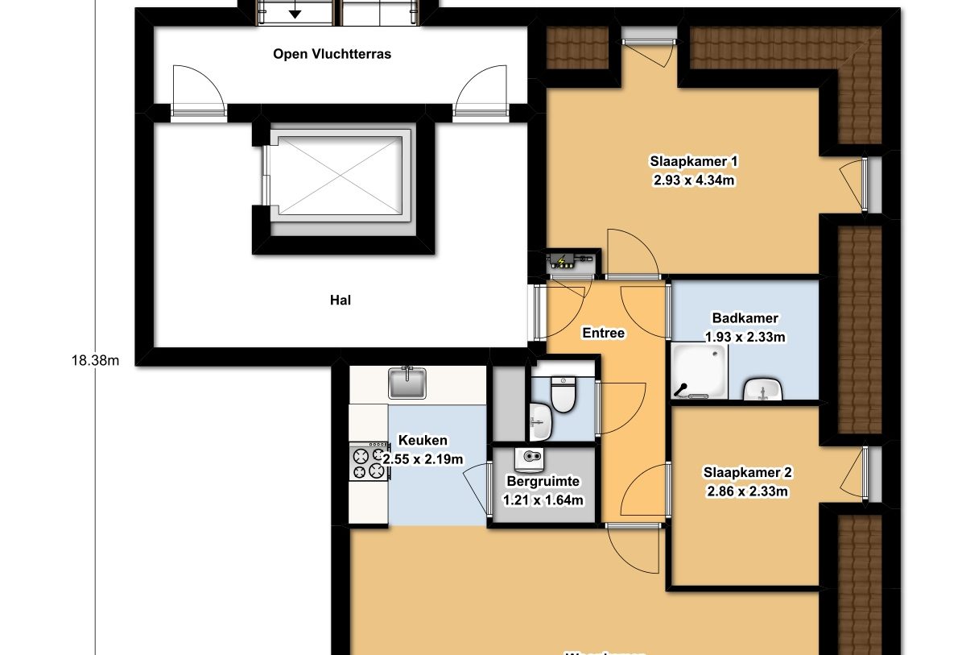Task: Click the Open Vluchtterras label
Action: tap(332, 54)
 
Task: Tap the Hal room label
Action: tap(340, 300)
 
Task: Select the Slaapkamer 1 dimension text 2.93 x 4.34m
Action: tap(693, 180)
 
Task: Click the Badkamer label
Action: tap(745, 318)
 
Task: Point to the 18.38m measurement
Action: tap(95, 360)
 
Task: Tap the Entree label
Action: tap(603, 333)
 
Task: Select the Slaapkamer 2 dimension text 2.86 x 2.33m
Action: tap(746, 491)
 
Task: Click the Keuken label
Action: tap(423, 441)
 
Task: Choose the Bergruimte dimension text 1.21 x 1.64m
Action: tap(543, 500)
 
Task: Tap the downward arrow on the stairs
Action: tap(295, 11)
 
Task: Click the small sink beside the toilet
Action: tap(541, 421)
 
